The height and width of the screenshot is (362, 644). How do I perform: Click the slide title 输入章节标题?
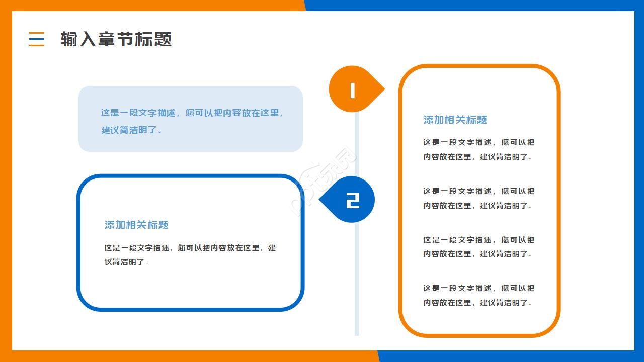(x=116, y=39)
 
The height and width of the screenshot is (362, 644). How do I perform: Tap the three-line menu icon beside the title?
(x=37, y=39)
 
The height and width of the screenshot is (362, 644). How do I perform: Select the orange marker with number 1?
(x=352, y=89)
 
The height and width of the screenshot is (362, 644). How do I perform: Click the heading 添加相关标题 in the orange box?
(x=455, y=120)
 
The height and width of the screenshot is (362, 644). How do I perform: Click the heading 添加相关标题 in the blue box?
(x=136, y=225)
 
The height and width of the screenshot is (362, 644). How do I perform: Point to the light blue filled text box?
(x=190, y=119)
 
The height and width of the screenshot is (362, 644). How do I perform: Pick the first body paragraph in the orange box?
(x=478, y=149)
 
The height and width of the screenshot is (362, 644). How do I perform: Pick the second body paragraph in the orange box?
(x=478, y=198)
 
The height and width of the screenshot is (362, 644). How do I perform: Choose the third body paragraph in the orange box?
(x=478, y=247)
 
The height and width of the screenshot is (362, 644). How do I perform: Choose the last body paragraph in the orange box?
(x=478, y=295)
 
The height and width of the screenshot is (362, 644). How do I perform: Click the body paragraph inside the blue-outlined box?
(x=190, y=255)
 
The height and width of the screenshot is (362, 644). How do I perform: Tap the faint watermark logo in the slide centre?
(x=325, y=181)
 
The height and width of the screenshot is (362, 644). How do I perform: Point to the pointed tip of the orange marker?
(x=383, y=89)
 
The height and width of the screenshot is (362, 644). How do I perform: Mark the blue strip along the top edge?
(x=473, y=5)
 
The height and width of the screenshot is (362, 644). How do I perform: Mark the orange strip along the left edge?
(x=6, y=181)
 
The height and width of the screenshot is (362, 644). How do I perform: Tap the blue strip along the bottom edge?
(x=511, y=356)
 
